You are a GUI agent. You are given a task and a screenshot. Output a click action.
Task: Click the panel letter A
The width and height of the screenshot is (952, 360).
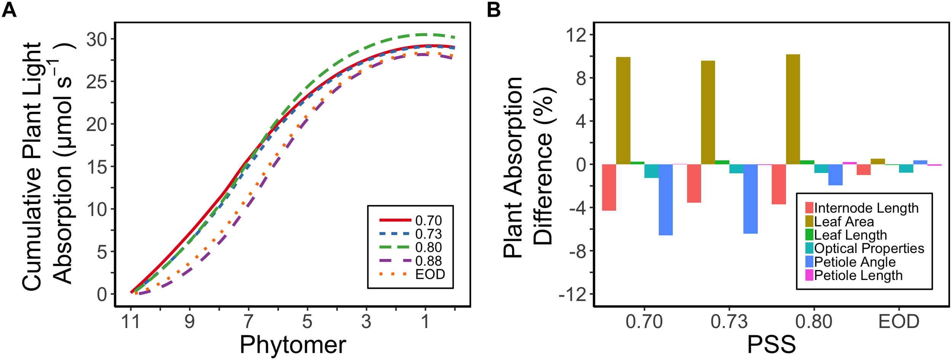pyautogui.click(x=9, y=10)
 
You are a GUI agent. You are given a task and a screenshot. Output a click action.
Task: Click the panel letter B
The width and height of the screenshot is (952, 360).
pyautogui.click(x=494, y=10)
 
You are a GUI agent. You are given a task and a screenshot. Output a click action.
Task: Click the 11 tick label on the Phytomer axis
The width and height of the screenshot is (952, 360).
pyautogui.click(x=130, y=322)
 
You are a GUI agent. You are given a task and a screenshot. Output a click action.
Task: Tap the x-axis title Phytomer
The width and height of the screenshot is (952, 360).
pyautogui.click(x=292, y=345)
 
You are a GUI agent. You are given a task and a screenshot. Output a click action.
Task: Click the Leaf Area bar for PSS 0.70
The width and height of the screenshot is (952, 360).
pyautogui.click(x=623, y=110)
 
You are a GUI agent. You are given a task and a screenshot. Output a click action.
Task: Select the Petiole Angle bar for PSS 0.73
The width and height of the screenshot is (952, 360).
pyautogui.click(x=750, y=198)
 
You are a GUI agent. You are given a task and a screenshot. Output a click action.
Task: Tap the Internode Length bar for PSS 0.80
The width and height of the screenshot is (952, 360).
pyautogui.click(x=779, y=184)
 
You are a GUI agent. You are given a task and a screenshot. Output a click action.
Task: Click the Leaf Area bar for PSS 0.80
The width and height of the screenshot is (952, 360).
pyautogui.click(x=793, y=109)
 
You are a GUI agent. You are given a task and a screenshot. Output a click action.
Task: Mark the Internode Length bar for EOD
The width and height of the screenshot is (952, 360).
pyautogui.click(x=864, y=170)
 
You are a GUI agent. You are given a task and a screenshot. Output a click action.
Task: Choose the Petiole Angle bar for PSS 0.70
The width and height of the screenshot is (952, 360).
pyautogui.click(x=666, y=200)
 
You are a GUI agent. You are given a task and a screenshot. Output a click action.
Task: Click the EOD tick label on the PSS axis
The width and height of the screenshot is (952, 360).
pyautogui.click(x=899, y=322)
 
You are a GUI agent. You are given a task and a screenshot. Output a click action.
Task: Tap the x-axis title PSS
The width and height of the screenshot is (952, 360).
pyautogui.click(x=771, y=345)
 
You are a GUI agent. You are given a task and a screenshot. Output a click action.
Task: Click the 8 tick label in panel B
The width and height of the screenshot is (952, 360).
pyautogui.click(x=581, y=78)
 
